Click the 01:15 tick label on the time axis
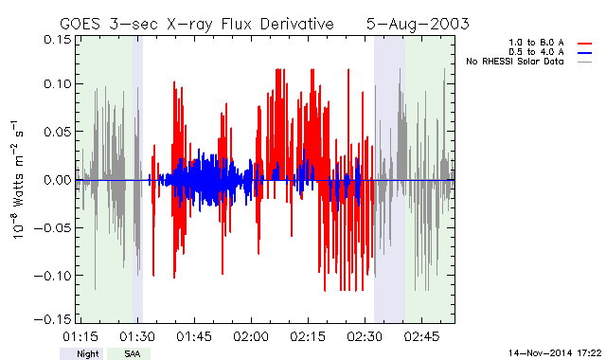pyautogui.click(x=80, y=337)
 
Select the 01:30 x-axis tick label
pyautogui.click(x=137, y=337)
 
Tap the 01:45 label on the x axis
pyautogui.click(x=194, y=337)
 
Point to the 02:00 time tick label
pyautogui.click(x=251, y=337)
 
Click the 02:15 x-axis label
pyautogui.click(x=308, y=337)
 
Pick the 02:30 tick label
pyautogui.click(x=365, y=337)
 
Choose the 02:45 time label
pyautogui.click(x=421, y=337)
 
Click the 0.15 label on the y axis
pyautogui.click(x=58, y=40)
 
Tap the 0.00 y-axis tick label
pyautogui.click(x=58, y=180)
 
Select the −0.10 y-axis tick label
pyautogui.click(x=53, y=276)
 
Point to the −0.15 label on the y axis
pyautogui.click(x=53, y=319)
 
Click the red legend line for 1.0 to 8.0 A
pyautogui.click(x=585, y=44)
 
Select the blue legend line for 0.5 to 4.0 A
pyautogui.click(x=585, y=53)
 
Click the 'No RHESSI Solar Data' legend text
pyautogui.click(x=515, y=62)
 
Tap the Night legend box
pyautogui.click(x=81, y=353)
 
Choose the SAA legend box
pyautogui.click(x=129, y=353)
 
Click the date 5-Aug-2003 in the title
pyautogui.click(x=418, y=25)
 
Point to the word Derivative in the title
pyautogui.click(x=296, y=25)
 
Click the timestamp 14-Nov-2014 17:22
pyautogui.click(x=555, y=353)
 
